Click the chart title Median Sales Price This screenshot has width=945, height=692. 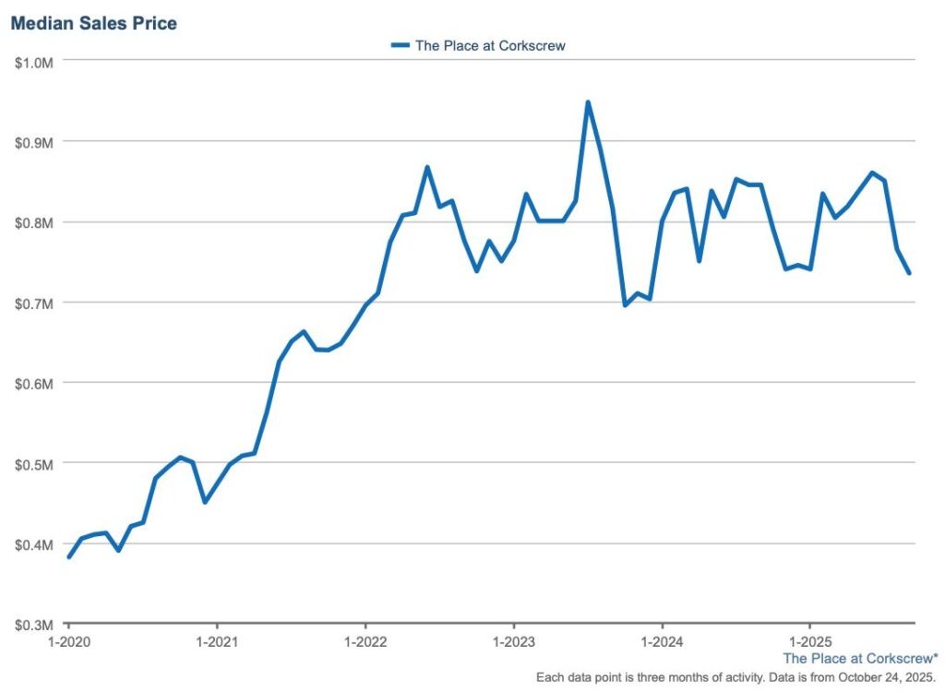point(93,23)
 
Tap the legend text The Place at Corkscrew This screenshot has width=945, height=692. point(489,44)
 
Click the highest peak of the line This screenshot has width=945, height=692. point(588,102)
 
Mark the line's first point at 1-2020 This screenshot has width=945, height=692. point(69,556)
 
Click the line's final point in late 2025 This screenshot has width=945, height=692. point(909,273)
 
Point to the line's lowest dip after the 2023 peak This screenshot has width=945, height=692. point(626,304)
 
